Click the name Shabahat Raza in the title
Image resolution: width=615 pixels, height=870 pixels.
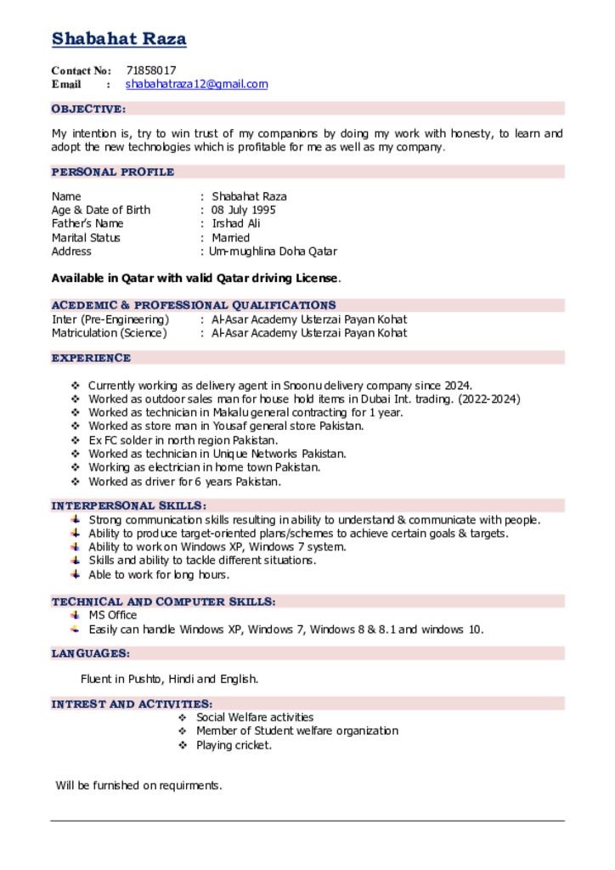pyautogui.click(x=119, y=39)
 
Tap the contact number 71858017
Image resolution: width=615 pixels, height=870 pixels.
pyautogui.click(x=151, y=71)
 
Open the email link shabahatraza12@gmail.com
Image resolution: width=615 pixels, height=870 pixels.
pyautogui.click(x=196, y=84)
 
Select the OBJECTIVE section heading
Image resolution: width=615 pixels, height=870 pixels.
pyautogui.click(x=88, y=109)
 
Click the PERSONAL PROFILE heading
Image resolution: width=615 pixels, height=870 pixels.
pyautogui.click(x=113, y=172)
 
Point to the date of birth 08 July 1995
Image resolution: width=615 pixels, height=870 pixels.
pyautogui.click(x=244, y=210)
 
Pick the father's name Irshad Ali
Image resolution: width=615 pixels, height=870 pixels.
pyautogui.click(x=236, y=223)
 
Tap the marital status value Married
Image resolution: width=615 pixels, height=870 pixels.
pyautogui.click(x=231, y=238)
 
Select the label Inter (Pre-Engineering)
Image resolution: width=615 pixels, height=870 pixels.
pyautogui.click(x=110, y=319)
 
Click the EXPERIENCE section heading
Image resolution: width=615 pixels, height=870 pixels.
pyautogui.click(x=91, y=358)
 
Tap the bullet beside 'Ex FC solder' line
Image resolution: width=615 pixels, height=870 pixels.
pyautogui.click(x=76, y=440)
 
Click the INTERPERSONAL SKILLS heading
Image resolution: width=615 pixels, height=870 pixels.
pyautogui.click(x=128, y=506)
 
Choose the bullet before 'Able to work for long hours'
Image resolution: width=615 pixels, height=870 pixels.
pyautogui.click(x=76, y=574)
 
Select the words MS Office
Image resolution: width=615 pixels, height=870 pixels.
pyautogui.click(x=112, y=615)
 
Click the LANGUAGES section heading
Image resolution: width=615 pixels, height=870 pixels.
pyautogui.click(x=91, y=653)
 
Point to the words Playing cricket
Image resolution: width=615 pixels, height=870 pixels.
pyautogui.click(x=234, y=745)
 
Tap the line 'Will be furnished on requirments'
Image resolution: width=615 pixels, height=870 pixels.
pyautogui.click(x=138, y=785)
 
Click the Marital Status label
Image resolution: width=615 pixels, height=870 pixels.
pyautogui.click(x=86, y=238)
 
